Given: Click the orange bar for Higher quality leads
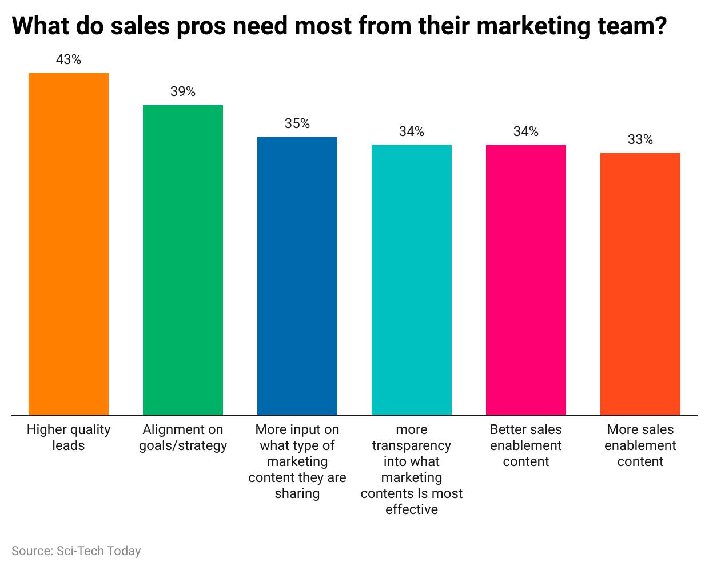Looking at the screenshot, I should coord(69,244).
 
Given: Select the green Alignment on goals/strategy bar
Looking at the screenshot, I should coord(183,260).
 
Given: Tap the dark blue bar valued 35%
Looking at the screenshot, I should coord(297,276).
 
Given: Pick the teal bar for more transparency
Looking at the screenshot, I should coord(412,280).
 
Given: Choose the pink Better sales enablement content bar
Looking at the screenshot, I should coord(526,280).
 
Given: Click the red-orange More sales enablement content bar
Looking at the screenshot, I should coord(640,284).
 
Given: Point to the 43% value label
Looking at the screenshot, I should coord(69,59).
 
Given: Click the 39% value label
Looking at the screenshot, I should coord(183,91).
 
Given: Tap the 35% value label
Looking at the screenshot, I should coord(297,123).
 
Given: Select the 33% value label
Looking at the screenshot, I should coord(640,139).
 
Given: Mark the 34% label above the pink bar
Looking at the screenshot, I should coord(526,131).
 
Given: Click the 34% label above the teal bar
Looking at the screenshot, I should coord(412,131).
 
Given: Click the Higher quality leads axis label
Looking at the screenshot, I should coord(69,437).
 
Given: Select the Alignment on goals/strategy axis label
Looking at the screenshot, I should coord(183,437).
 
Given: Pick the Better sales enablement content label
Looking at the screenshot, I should coord(526,445).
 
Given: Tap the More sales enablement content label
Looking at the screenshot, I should coord(640,445).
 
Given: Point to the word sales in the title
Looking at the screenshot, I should coord(140,26).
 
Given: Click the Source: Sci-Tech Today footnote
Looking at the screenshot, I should coord(76,551).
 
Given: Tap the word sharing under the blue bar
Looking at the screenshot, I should coord(297,493).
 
